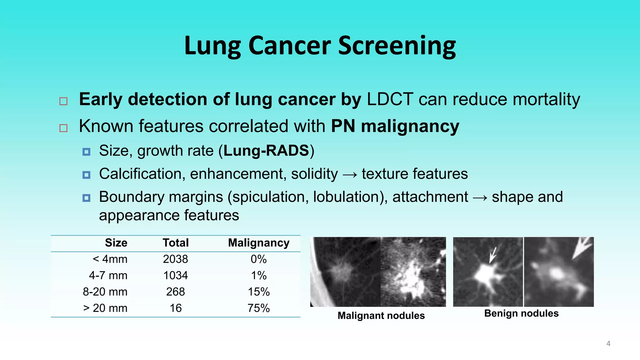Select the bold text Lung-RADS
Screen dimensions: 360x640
[266, 151]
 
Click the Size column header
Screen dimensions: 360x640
[116, 243]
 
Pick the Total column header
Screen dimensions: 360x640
[176, 243]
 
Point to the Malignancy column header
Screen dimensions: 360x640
[258, 243]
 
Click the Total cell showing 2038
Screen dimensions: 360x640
[175, 259]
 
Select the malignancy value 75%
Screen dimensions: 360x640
[258, 308]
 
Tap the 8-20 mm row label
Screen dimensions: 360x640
[105, 292]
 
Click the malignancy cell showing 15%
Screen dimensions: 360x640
[258, 292]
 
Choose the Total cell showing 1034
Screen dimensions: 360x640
[175, 275]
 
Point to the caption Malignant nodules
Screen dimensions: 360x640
[381, 316]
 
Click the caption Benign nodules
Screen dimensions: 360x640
[521, 313]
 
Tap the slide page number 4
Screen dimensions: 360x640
[608, 344]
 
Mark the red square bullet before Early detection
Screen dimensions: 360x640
[63, 101]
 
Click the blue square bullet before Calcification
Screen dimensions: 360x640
[87, 175]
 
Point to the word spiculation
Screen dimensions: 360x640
[270, 197]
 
